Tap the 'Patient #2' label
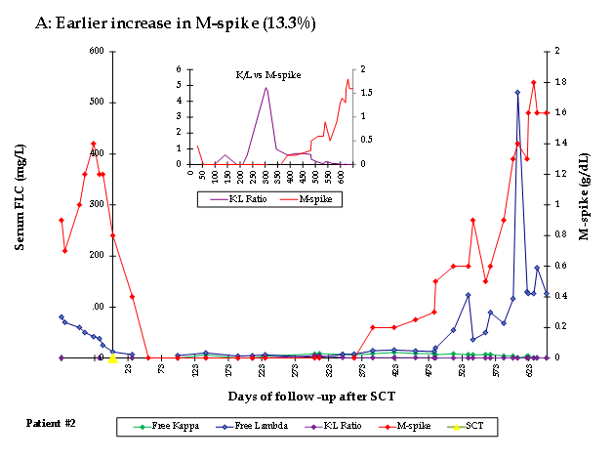[50, 424]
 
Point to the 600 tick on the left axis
[45, 51]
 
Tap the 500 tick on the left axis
[45, 103]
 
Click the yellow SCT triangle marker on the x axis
[113, 357]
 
